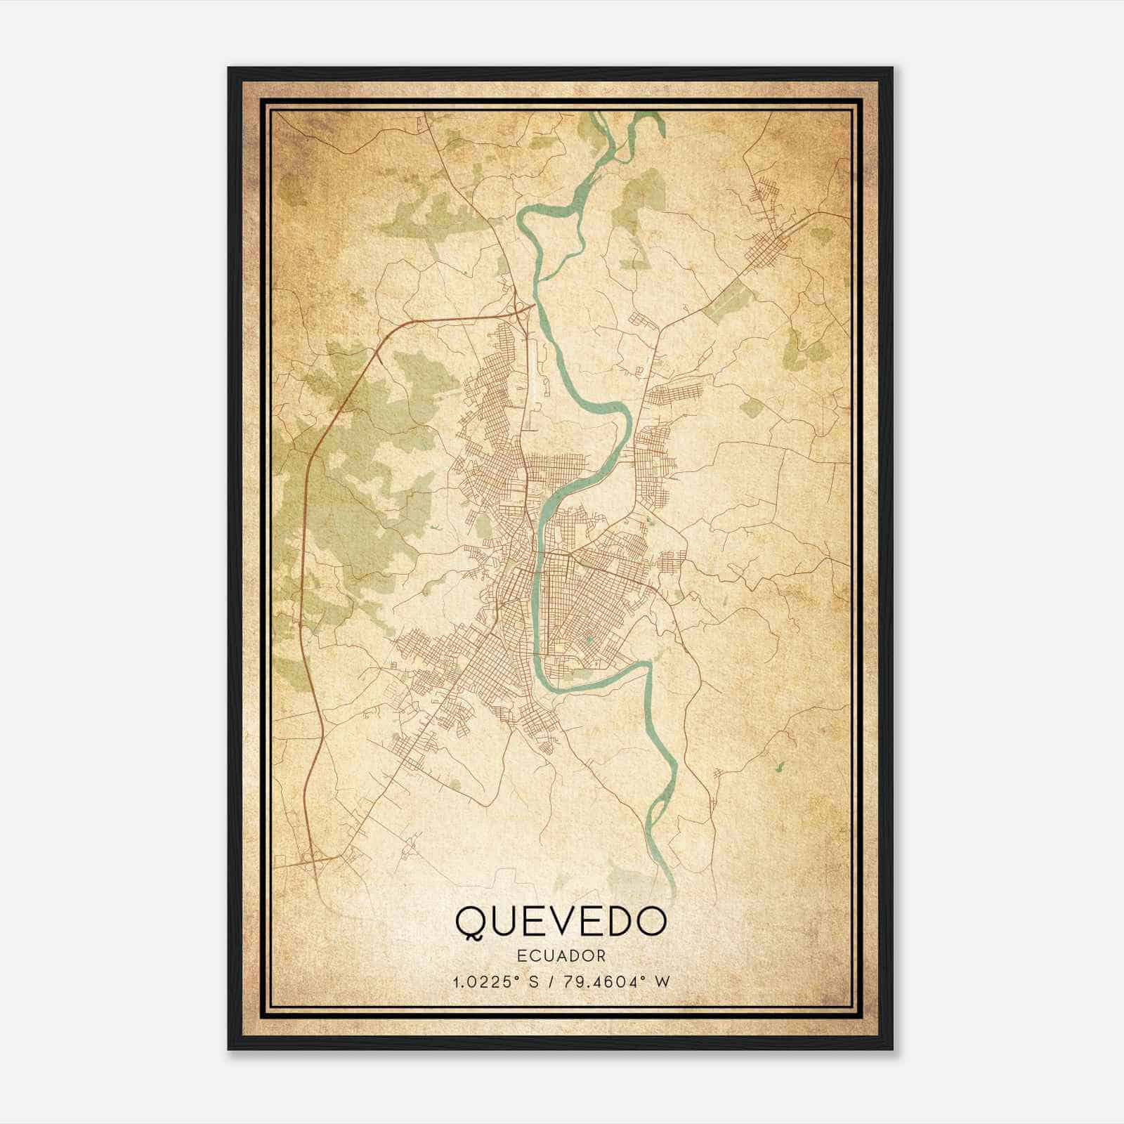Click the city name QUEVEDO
tap(561, 922)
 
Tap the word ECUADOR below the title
tap(561, 956)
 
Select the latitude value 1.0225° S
tap(500, 981)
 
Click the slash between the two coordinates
tap(556, 981)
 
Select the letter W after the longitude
tap(662, 981)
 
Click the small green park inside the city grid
tap(589, 640)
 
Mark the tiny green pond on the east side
tap(778, 765)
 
